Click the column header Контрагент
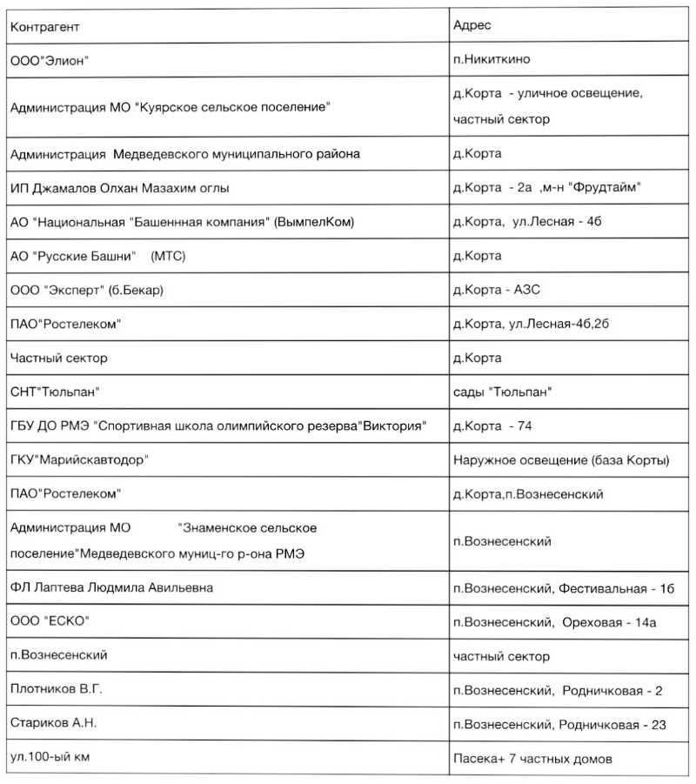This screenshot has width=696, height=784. (43, 26)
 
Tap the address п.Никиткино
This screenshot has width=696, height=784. (492, 59)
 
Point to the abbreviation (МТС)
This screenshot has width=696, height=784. (169, 256)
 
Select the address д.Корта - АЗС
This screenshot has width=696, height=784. (497, 290)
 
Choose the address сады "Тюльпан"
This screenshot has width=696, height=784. (503, 392)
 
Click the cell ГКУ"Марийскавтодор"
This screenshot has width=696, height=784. (79, 459)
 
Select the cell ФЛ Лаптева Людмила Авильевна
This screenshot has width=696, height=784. (111, 588)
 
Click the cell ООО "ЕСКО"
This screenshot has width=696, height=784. (50, 622)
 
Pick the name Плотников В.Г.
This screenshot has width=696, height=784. (56, 690)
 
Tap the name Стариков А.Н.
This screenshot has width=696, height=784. (54, 723)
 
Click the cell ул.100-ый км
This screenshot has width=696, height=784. (50, 757)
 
